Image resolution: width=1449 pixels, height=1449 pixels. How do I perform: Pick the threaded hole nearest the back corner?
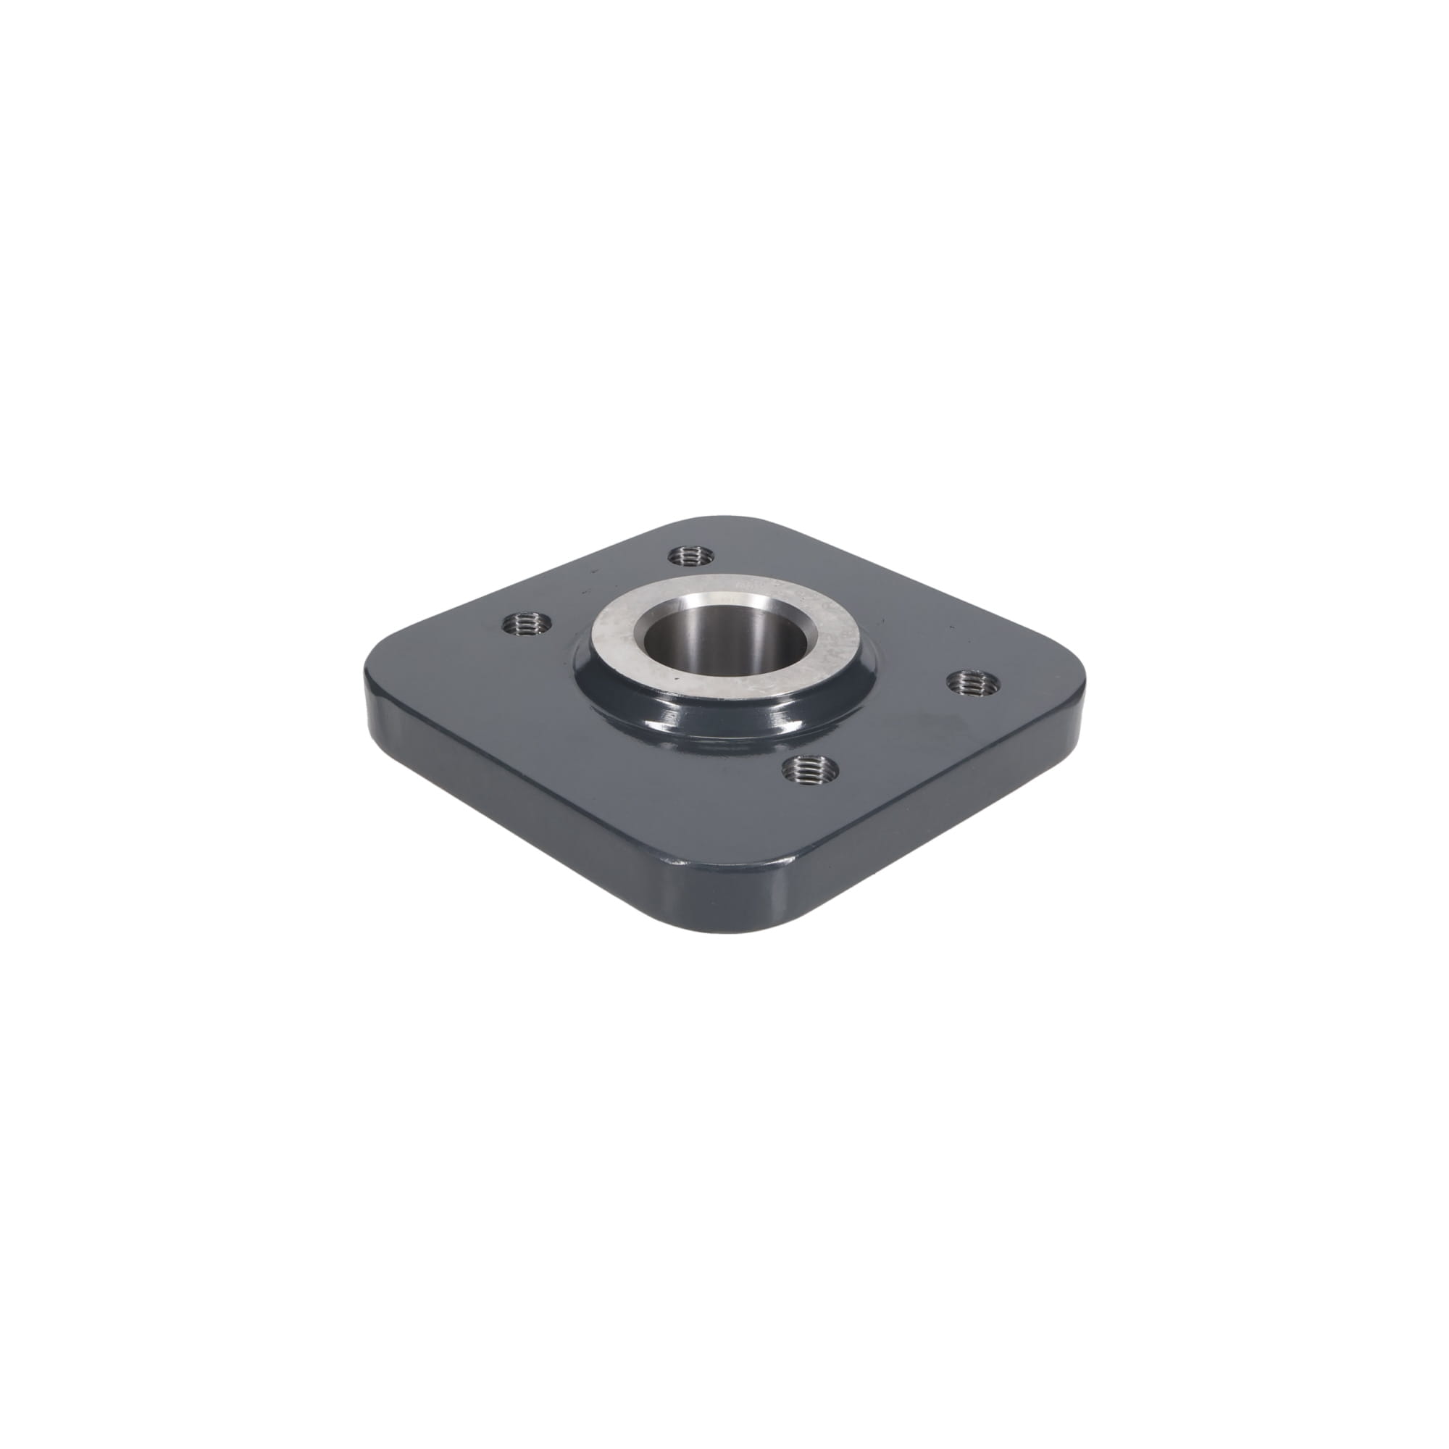[690, 556]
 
